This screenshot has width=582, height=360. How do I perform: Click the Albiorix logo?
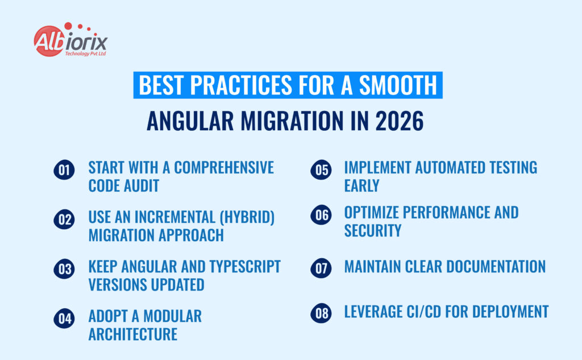click(x=70, y=40)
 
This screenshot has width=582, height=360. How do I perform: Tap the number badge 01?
click(x=64, y=170)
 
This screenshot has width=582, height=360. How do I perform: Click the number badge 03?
click(x=64, y=268)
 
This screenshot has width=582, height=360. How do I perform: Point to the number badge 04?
click(x=64, y=318)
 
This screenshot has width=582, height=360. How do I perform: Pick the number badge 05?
click(x=321, y=170)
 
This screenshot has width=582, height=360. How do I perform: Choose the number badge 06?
click(x=321, y=215)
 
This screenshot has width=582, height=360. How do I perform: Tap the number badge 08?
click(x=321, y=312)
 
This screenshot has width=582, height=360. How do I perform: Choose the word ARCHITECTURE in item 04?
click(x=132, y=334)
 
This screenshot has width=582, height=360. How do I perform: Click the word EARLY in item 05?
click(x=361, y=185)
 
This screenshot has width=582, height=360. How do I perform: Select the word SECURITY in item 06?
click(x=373, y=230)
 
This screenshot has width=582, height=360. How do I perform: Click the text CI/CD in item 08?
click(x=442, y=312)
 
